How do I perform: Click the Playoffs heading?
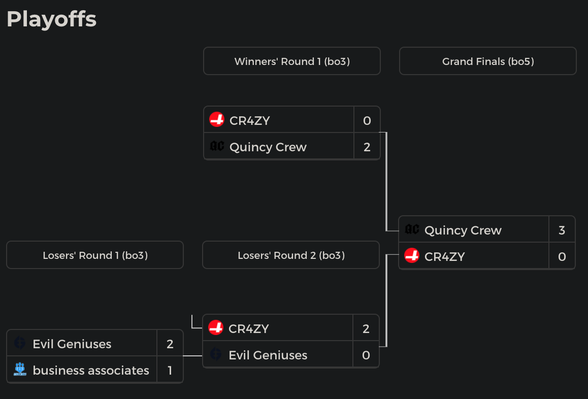pos(51,19)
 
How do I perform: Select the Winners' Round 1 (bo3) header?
pos(292,61)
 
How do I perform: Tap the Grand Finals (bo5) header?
pos(488,61)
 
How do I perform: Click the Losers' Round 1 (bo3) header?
pos(95,255)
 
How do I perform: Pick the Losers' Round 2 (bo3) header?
pos(291,255)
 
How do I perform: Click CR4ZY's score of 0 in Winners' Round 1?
pos(367,121)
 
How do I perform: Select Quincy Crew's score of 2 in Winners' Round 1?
pos(367,147)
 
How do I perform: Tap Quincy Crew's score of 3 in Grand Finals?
pos(562,230)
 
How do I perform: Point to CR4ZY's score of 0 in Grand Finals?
pos(562,257)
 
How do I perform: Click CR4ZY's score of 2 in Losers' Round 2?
pos(366,329)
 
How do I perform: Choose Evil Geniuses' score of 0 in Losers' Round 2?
pos(366,355)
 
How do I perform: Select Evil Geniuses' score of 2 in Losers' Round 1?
pos(170,344)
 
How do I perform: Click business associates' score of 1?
pos(170,371)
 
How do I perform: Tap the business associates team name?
pos(91,371)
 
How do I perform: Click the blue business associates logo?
pos(20,370)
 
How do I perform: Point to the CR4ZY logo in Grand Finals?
pos(412,256)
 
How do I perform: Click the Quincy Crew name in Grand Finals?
pos(463,230)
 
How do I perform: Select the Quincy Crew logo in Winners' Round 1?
pos(217,147)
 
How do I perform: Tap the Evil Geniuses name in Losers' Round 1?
pos(72,344)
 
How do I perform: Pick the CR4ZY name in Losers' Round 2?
pos(249,329)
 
